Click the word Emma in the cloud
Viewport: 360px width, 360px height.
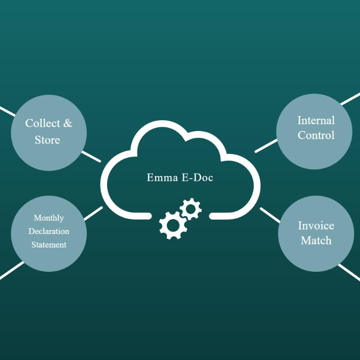[x=162, y=177]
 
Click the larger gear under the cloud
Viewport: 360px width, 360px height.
[x=173, y=225]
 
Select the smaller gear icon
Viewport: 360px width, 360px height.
[x=190, y=209]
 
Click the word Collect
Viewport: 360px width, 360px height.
[x=43, y=123]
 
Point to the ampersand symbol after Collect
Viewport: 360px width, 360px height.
[x=67, y=123]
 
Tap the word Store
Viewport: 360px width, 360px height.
[x=47, y=140]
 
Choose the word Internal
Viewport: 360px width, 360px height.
[x=316, y=121]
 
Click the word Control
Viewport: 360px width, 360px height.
[x=316, y=135]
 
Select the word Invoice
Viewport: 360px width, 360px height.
[x=316, y=226]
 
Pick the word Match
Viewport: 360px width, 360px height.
[x=316, y=241]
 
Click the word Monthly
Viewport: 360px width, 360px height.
[x=49, y=218]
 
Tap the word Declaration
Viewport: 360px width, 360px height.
[x=49, y=231]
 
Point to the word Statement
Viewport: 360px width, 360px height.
[x=49, y=245]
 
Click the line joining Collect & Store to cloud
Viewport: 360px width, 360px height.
[x=91, y=157]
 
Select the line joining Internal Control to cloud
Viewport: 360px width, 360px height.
[x=266, y=146]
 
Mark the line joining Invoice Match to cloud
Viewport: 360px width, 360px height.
[x=270, y=215]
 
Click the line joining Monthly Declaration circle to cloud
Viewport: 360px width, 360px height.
[x=94, y=213]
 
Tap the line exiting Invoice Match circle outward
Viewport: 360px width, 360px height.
[x=349, y=273]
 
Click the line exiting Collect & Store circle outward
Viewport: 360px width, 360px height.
[x=8, y=111]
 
